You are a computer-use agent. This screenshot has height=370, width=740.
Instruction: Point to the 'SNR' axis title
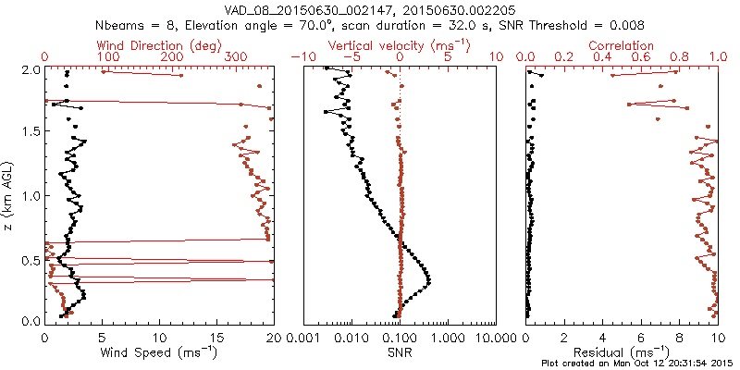[401, 353]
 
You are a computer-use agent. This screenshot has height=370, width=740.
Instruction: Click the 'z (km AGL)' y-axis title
[9, 195]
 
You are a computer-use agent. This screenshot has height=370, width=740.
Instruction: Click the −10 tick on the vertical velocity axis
[300, 57]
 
